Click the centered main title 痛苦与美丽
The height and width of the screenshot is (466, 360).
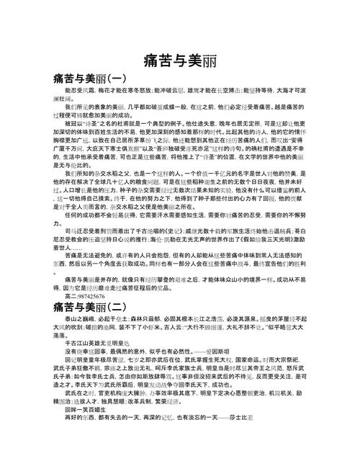click(x=179, y=58)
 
